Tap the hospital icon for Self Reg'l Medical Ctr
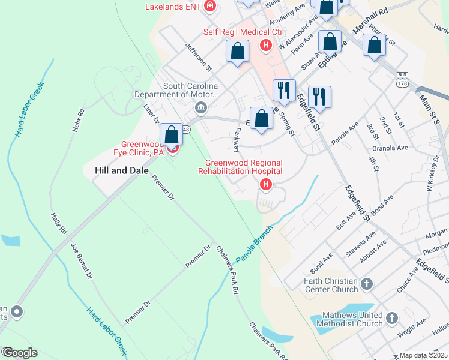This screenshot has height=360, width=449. click(265, 45)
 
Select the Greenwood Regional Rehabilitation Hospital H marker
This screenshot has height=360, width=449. click(265, 185)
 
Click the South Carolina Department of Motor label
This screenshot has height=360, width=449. click(182, 90)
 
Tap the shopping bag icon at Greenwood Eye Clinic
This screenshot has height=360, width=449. click(171, 134)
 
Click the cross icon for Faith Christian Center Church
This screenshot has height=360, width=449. click(367, 283)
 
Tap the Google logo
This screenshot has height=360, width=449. click(19, 353)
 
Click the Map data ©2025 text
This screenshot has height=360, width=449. click(423, 355)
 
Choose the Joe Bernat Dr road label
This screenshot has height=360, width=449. click(82, 262)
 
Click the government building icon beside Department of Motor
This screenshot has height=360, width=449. click(200, 108)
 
